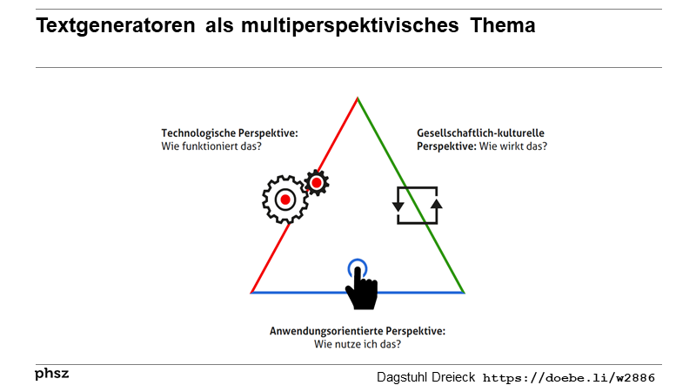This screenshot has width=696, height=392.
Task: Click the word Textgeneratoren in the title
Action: tap(116, 26)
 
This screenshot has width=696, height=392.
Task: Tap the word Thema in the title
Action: tap(503, 25)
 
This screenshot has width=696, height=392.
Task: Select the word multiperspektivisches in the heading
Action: tap(350, 26)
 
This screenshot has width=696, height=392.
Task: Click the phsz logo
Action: tap(52, 374)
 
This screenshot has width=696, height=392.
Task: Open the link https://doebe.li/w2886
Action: tap(569, 378)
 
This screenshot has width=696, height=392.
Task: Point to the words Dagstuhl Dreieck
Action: tap(425, 377)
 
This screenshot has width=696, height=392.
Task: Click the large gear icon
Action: tap(285, 199)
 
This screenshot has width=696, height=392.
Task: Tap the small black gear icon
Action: tap(317, 183)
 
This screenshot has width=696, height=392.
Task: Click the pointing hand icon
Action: tap(362, 288)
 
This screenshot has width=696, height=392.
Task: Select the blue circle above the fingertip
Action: tap(358, 260)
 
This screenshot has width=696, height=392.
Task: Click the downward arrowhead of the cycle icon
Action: tap(398, 206)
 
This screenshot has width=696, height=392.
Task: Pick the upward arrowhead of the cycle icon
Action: tap(437, 204)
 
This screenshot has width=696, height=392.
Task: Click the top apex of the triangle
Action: tap(358, 98)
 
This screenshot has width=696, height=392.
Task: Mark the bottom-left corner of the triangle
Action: tap(251, 293)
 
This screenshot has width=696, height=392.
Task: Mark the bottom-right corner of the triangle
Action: tap(464, 293)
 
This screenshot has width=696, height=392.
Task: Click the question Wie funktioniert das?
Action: tap(211, 146)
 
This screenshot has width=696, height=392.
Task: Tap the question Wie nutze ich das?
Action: tap(358, 344)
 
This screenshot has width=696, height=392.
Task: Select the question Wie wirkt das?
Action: tap(513, 146)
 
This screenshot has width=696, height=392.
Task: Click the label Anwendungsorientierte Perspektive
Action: tap(358, 331)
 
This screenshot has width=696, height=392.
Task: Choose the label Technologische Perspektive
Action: tap(230, 133)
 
